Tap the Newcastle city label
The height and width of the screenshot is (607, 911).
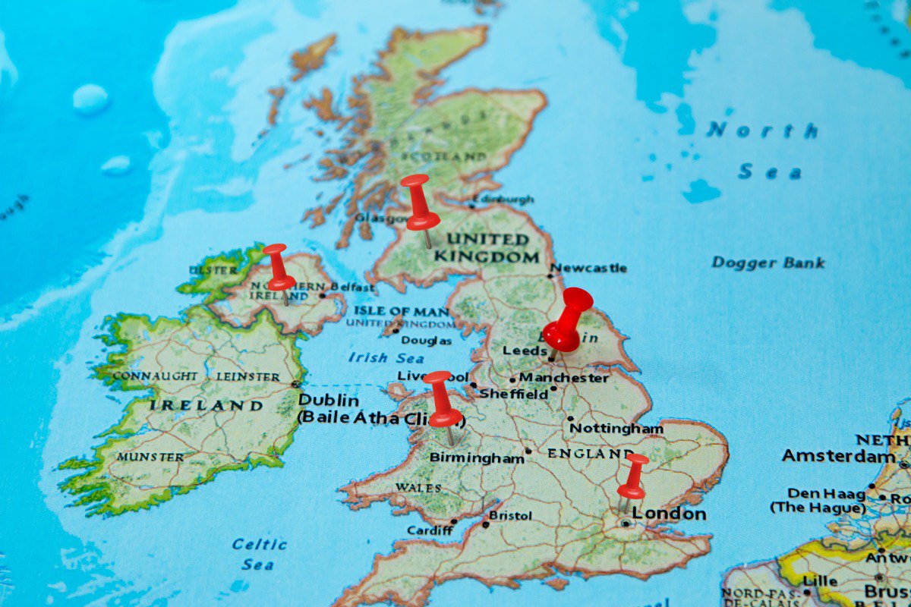tap(589, 268)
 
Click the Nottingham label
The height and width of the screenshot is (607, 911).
tap(616, 428)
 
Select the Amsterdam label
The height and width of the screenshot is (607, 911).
tap(838, 456)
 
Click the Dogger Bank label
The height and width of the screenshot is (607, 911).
tap(768, 263)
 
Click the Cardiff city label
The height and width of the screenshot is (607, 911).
tap(429, 530)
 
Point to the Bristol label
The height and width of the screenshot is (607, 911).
tap(510, 516)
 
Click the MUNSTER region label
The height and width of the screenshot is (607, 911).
tap(150, 458)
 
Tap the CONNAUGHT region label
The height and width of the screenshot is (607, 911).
tap(155, 376)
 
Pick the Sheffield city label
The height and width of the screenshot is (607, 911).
tap(513, 395)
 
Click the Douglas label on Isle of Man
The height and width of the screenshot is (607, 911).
tap(426, 341)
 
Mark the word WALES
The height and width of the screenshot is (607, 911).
tap(418, 487)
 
